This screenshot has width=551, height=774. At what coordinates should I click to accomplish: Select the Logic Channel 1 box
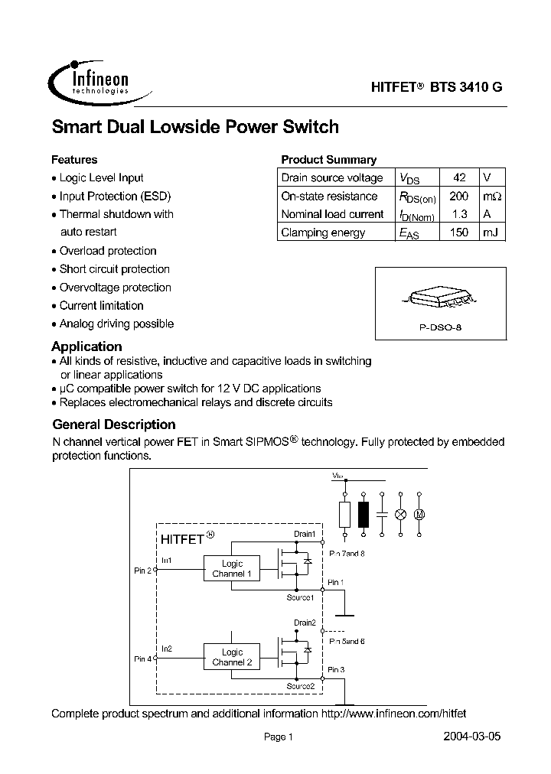click(232, 568)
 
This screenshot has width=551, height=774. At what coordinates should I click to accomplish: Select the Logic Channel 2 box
click(232, 657)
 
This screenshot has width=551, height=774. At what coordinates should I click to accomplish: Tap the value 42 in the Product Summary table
click(458, 177)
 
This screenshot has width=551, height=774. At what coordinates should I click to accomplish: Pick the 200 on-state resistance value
click(458, 196)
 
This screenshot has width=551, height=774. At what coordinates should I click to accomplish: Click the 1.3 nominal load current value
click(458, 214)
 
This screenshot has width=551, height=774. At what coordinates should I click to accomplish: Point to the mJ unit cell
click(490, 233)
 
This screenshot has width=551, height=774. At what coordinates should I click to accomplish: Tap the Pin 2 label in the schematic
click(143, 571)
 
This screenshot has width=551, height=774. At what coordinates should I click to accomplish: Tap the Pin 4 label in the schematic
click(143, 659)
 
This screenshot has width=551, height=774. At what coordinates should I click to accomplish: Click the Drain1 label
click(304, 534)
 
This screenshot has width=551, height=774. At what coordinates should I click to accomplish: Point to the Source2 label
click(301, 686)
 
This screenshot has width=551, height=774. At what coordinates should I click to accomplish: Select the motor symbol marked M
click(419, 515)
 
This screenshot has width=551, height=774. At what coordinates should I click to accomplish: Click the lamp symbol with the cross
click(399, 515)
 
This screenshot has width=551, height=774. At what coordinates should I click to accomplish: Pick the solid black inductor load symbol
click(363, 515)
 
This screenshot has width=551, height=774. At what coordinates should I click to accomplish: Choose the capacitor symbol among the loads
click(381, 515)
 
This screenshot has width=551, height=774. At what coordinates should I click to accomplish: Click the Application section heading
click(86, 346)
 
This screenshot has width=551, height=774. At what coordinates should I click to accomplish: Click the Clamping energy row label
click(323, 233)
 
